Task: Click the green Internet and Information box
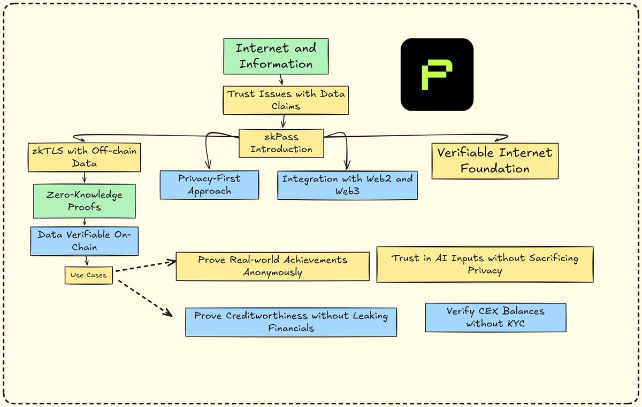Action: tap(276, 57)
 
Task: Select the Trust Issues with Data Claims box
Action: tap(286, 100)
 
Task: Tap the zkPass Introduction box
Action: tap(281, 143)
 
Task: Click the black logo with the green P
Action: tap(437, 74)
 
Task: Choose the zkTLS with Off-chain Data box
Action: tap(85, 158)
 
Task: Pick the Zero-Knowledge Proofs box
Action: tap(85, 201)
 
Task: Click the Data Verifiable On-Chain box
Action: tap(85, 241)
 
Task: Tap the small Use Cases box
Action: tap(89, 276)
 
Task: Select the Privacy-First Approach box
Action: tap(209, 185)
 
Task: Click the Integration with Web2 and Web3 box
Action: tap(347, 185)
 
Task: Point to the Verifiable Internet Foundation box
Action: tap(495, 161)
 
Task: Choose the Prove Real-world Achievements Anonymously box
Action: tap(272, 266)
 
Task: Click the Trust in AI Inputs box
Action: tap(485, 264)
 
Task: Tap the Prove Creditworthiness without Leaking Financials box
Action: tap(291, 322)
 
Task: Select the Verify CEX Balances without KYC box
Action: tap(495, 317)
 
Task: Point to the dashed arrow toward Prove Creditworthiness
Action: tap(145, 298)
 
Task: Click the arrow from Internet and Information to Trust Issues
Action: tap(281, 80)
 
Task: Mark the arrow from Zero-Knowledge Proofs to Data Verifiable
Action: tap(85, 222)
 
